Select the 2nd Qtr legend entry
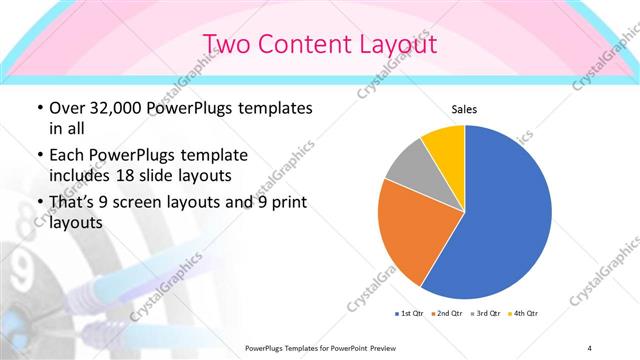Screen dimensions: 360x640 (x=446, y=313)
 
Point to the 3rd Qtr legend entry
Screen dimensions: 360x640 (x=483, y=313)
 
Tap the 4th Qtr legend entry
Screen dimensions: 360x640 (x=521, y=313)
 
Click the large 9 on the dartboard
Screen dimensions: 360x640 (x=22, y=268)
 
